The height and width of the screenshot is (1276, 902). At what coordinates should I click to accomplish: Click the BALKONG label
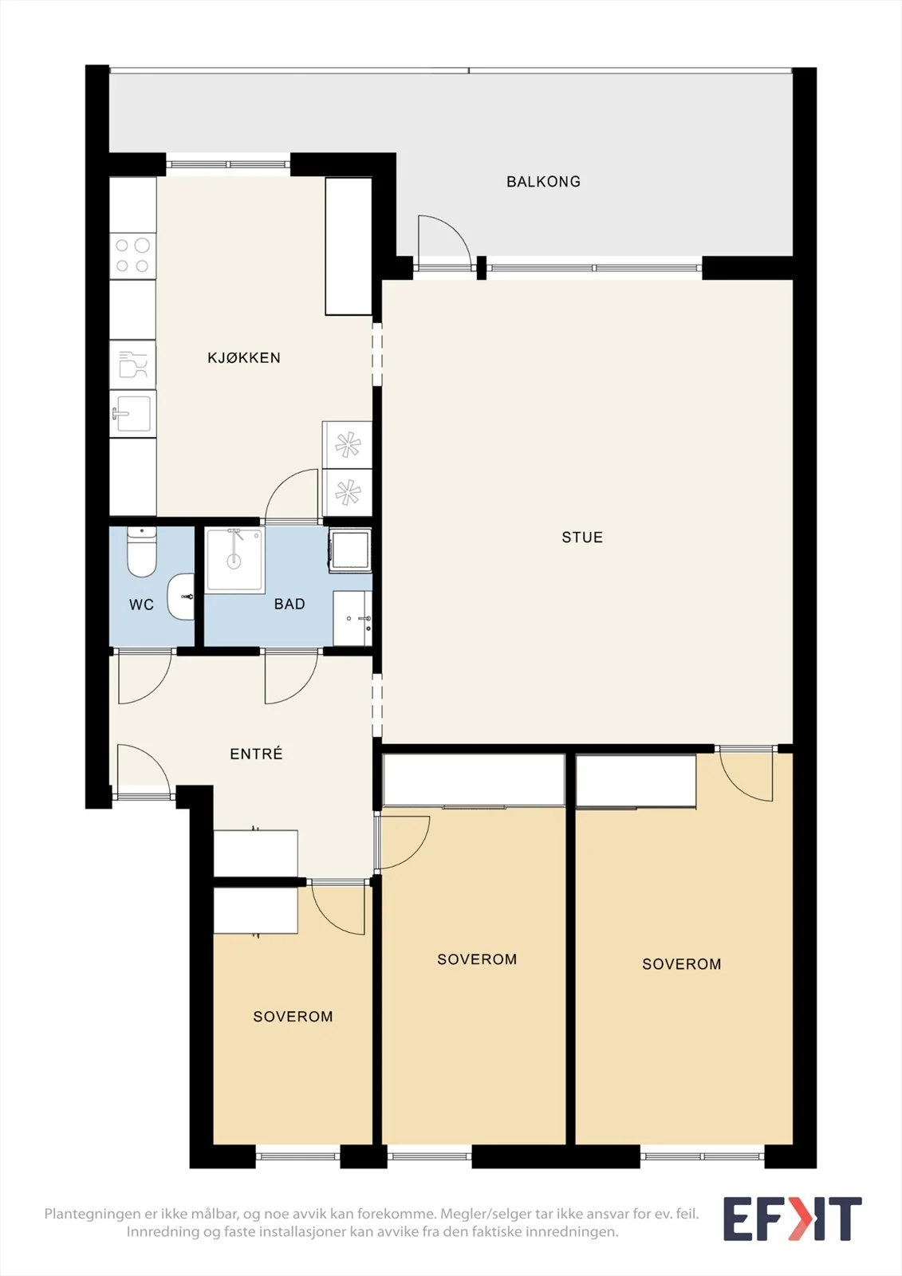click(544, 182)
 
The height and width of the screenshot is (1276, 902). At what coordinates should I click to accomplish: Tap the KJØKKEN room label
click(244, 358)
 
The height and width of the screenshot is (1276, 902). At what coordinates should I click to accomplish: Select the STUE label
click(582, 538)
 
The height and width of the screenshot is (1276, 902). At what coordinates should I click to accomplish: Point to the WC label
click(141, 605)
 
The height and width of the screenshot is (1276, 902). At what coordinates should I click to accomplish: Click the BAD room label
click(290, 604)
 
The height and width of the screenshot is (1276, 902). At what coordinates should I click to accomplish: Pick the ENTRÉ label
click(256, 754)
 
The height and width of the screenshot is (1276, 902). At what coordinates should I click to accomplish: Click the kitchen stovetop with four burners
click(132, 255)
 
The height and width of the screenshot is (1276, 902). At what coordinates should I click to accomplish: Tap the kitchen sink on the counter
click(132, 414)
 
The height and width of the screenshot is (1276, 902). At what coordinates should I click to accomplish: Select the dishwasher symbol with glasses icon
click(132, 364)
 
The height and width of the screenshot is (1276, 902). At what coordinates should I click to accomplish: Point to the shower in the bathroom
click(234, 560)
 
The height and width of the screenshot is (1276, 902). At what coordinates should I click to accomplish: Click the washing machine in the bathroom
click(350, 550)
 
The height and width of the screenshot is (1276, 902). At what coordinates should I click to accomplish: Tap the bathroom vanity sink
click(353, 618)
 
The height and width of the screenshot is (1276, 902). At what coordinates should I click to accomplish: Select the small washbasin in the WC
click(180, 596)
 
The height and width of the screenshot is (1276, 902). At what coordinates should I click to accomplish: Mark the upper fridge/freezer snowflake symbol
click(347, 445)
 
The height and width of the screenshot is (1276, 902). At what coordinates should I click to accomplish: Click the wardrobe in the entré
click(256, 853)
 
